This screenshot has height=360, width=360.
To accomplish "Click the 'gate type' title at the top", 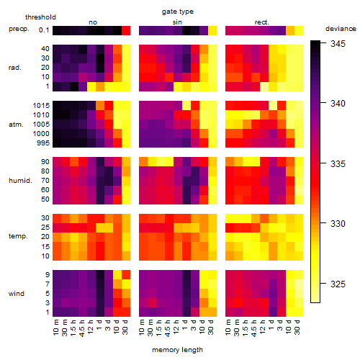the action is point(178,12).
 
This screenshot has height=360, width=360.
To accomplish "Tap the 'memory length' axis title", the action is point(177,350).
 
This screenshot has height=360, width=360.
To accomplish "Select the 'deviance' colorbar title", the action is point(341,29).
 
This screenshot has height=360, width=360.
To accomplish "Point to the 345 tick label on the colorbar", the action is point(338,44).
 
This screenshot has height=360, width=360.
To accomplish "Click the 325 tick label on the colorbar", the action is point(338,284).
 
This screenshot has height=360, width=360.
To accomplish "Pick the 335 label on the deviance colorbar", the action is point(338,164).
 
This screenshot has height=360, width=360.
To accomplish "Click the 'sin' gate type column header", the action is point(177,22).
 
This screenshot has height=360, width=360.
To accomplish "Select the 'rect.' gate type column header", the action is point(262,22).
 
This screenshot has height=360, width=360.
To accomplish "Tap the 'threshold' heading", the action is point(40,17).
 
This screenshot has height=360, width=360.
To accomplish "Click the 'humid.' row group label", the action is point(20,181).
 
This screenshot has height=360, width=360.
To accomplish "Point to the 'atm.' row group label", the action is point(16,125).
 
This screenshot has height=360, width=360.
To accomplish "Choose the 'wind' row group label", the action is point(17,294).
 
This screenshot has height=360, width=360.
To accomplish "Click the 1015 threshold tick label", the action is point(41,106).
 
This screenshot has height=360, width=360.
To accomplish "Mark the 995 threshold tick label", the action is point(43,143).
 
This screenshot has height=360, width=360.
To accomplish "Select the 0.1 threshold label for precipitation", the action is point(44,30).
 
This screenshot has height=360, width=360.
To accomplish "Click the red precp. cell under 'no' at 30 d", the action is point(126,30).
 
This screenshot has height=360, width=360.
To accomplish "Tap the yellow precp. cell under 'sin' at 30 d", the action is point(212,30).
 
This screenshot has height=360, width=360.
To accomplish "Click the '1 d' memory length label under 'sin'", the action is point(185,325).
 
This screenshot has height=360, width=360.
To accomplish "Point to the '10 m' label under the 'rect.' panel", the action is point(228,328).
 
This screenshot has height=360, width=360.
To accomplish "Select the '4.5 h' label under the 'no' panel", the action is point(81,328).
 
